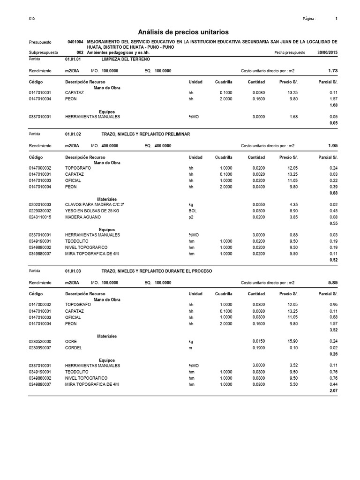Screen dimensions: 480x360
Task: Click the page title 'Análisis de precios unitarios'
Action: tap(183, 32)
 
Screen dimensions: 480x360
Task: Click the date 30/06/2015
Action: tap(327, 53)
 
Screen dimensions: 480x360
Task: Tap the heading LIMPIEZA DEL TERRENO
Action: tap(126, 60)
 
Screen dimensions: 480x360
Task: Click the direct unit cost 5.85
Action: tap(333, 283)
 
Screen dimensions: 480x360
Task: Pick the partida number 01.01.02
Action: tap(73, 134)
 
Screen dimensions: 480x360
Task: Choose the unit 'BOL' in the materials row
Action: tap(193, 211)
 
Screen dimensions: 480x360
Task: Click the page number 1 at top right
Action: tap(337, 19)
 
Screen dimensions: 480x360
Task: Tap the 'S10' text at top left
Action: tap(32, 19)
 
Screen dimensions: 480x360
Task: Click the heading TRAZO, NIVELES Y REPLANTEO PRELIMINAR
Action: tap(146, 134)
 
